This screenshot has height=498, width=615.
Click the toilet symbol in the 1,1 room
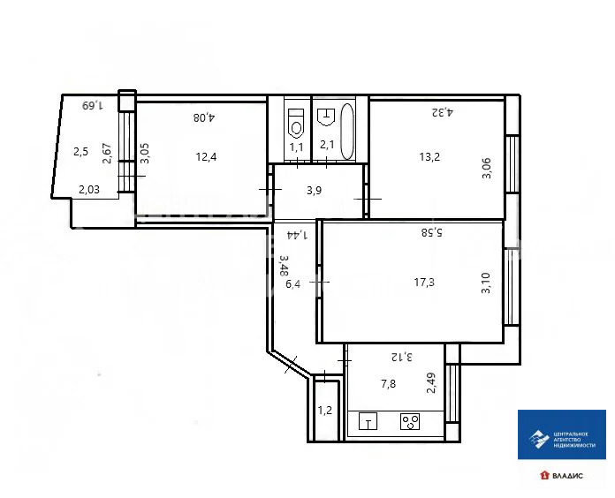coord(296,117)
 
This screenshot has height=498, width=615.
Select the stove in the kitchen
coord(410,422)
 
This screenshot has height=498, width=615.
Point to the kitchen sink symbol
coord(368,423)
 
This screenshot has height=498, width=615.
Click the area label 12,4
coord(207,157)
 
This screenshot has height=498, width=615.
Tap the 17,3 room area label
coord(424,283)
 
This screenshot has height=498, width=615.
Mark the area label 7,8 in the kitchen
coord(389,383)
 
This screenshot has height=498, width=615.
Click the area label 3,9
coord(315,190)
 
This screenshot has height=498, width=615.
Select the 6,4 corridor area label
coord(294,283)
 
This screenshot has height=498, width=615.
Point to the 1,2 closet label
coord(325,410)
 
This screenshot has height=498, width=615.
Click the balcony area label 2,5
coord(80,151)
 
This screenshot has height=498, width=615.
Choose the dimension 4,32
coord(441,111)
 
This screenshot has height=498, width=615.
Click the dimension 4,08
coord(205,116)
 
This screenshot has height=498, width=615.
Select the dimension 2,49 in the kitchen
coord(431,383)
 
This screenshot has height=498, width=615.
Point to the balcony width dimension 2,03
coord(89,188)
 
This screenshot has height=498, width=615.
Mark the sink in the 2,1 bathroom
coord(325,114)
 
